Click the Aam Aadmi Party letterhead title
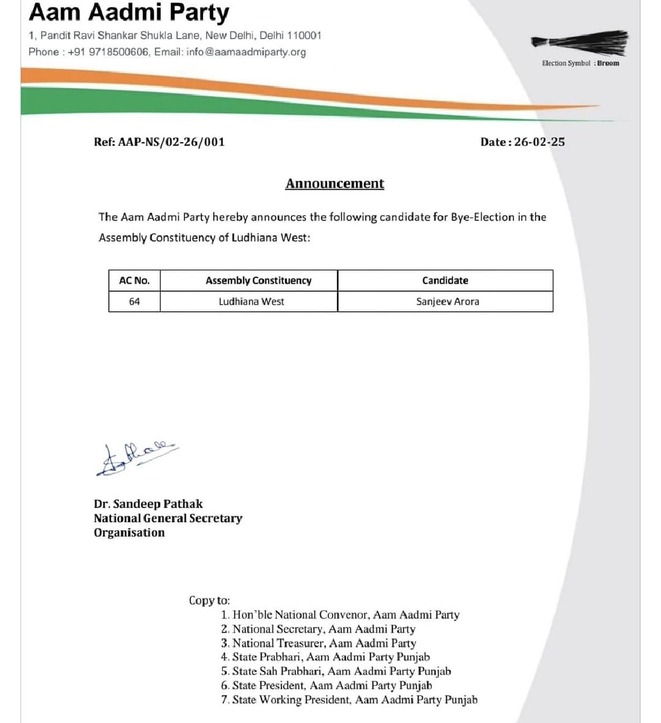[129, 13]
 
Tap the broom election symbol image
[580, 42]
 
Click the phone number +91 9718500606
[108, 52]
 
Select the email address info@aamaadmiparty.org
[246, 52]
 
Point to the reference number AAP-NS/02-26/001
[171, 142]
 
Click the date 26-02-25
[539, 142]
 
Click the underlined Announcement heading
[335, 184]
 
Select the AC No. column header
[134, 281]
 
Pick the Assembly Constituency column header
[258, 281]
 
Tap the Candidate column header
[445, 281]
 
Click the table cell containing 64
[134, 302]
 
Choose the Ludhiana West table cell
[251, 302]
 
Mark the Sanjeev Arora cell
[447, 302]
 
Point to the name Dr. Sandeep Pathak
[148, 504]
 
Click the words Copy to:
[209, 601]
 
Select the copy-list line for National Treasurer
[318, 643]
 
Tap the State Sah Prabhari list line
[336, 671]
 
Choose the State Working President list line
[349, 700]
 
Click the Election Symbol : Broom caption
[580, 63]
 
